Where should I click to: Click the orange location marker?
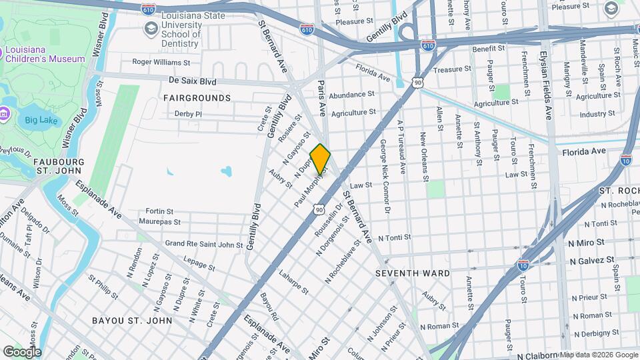[x=321, y=159]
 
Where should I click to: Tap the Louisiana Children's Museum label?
[x=46, y=53]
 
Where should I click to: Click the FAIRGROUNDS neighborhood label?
[x=197, y=98]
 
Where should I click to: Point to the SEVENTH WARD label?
[x=413, y=273]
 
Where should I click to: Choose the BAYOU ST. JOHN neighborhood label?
[x=132, y=321]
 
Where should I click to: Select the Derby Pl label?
[x=188, y=114]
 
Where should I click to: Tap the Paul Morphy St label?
[x=311, y=187]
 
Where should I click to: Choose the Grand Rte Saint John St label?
[x=204, y=244]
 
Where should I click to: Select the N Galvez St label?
[x=591, y=260]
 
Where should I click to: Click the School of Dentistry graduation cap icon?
[x=151, y=28]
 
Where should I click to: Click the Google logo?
[x=21, y=352]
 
